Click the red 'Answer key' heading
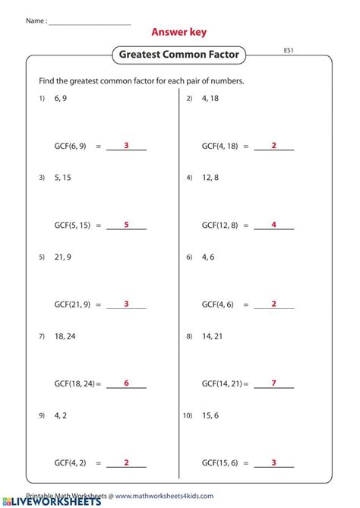click(x=178, y=32)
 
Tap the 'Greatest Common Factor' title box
click(x=179, y=55)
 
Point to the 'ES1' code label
click(x=289, y=50)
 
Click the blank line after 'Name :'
click(x=89, y=22)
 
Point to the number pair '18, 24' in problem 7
click(x=65, y=336)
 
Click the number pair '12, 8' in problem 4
click(x=210, y=178)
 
